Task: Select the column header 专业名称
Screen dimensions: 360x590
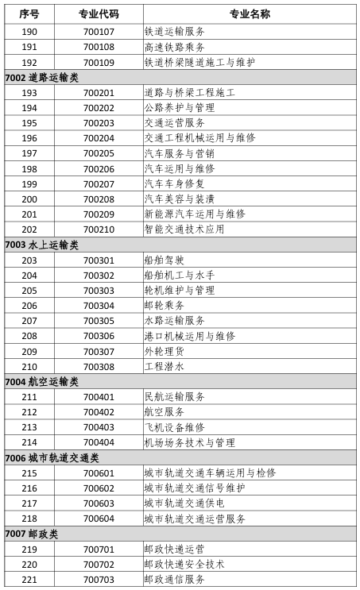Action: click(x=250, y=14)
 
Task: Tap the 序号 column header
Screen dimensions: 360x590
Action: click(x=29, y=14)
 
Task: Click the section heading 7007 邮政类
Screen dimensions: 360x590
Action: click(x=32, y=534)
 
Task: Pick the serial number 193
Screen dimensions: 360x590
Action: click(x=29, y=93)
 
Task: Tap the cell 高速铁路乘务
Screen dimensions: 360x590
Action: click(x=174, y=47)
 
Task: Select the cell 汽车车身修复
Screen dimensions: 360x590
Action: click(x=174, y=184)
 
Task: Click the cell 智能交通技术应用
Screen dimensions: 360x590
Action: click(x=184, y=229)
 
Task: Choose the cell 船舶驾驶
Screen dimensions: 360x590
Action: click(x=164, y=260)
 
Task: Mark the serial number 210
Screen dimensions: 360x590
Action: click(x=29, y=367)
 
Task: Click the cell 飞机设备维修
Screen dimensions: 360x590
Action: click(x=174, y=427)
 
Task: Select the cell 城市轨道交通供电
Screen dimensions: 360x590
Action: click(x=184, y=503)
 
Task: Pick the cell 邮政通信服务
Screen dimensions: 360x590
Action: click(x=174, y=580)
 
